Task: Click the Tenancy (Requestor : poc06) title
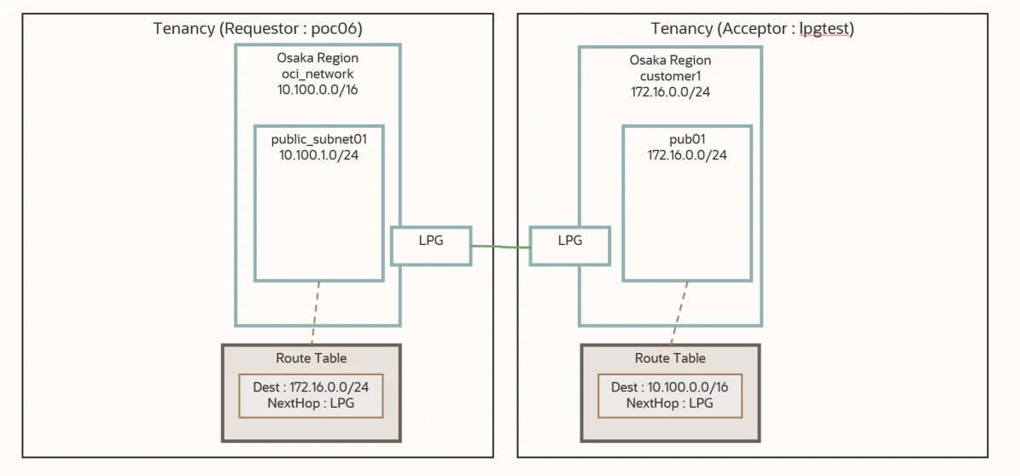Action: (x=258, y=29)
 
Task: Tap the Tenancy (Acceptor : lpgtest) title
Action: (x=753, y=29)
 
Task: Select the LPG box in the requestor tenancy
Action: (x=431, y=245)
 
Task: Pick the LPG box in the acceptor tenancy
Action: (x=570, y=245)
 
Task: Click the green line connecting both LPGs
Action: (x=500, y=247)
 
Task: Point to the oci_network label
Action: (x=318, y=73)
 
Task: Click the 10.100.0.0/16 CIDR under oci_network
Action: (x=318, y=89)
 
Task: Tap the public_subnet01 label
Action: (x=318, y=140)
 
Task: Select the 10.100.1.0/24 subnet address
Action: (x=318, y=155)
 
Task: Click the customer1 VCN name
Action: (x=670, y=76)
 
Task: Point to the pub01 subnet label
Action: (x=687, y=140)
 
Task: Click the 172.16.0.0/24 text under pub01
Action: (x=687, y=155)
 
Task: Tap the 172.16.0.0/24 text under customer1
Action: (x=670, y=91)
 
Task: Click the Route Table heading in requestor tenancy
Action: (x=311, y=357)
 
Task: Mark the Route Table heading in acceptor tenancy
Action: (x=670, y=357)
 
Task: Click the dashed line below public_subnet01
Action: (x=316, y=313)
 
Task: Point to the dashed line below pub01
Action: (x=679, y=313)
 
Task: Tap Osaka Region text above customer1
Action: (x=670, y=61)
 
